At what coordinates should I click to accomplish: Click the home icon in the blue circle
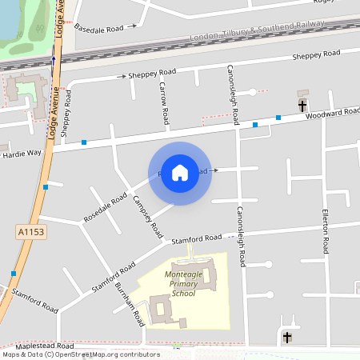[x=180, y=172]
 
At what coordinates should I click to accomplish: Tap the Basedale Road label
[x=99, y=28]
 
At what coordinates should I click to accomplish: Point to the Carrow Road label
[x=164, y=103]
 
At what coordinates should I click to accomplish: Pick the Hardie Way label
[x=22, y=152]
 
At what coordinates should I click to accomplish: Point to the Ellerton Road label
[x=326, y=233]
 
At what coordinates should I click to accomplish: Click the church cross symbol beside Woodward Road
[x=302, y=105]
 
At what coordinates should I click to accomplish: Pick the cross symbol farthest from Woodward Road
[x=287, y=338]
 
